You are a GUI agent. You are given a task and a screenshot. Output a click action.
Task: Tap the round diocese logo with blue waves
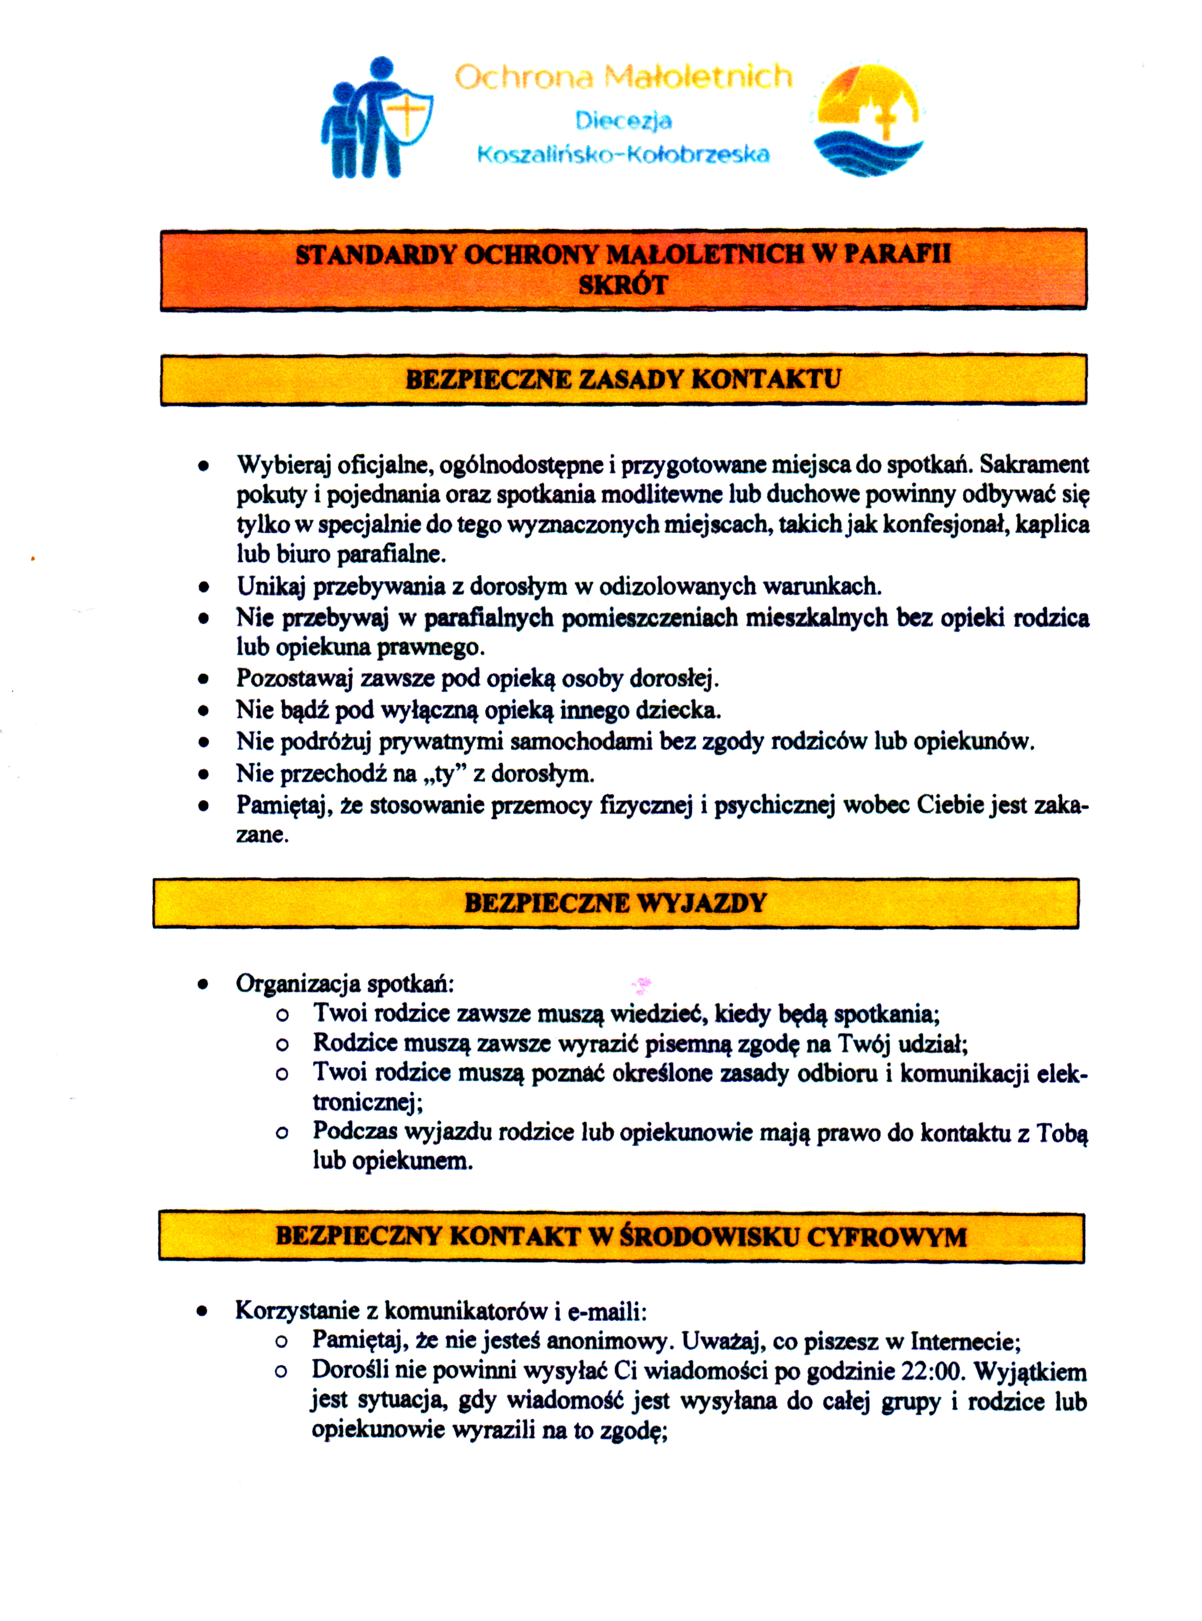(x=868, y=120)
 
